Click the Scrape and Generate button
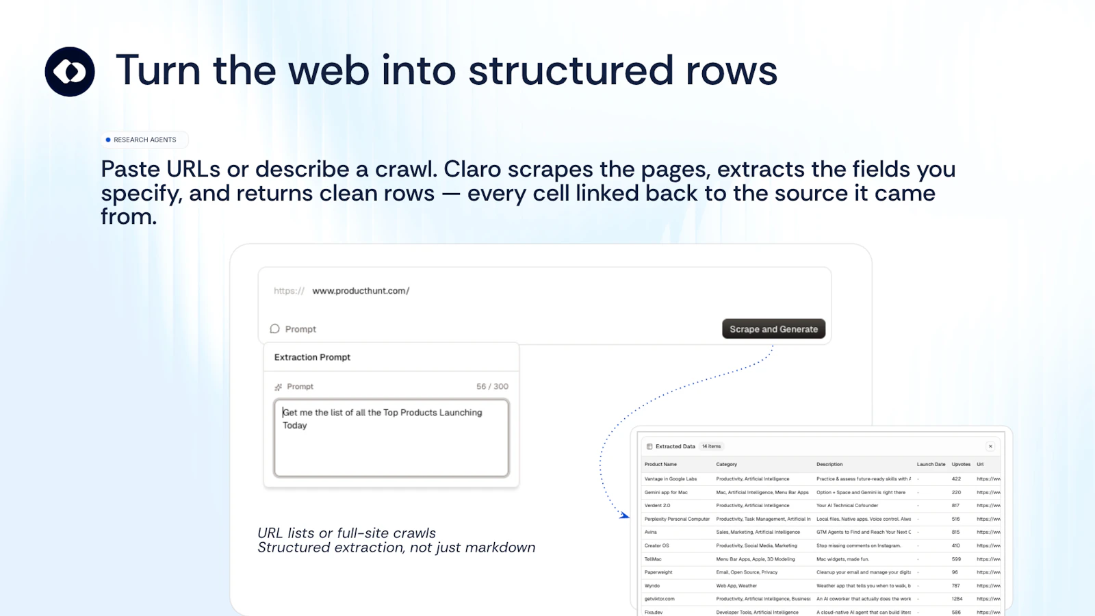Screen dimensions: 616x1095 coord(773,329)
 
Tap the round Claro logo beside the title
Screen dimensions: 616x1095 coord(70,72)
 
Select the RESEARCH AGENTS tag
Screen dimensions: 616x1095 coord(144,140)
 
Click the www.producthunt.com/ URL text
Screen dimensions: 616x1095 coord(361,291)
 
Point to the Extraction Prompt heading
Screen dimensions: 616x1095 coord(312,357)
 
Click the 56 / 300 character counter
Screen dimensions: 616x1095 coord(492,387)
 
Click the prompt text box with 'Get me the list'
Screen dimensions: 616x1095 coord(391,438)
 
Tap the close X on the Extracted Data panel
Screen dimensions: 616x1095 coord(990,446)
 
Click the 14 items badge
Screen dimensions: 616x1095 coord(711,446)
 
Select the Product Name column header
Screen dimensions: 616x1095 coord(660,464)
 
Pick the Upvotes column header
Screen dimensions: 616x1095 coord(961,464)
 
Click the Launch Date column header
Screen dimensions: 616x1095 coord(931,464)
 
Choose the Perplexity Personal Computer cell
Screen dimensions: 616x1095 coord(677,519)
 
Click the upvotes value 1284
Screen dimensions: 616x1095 coord(957,599)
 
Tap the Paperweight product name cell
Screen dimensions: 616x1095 coord(658,572)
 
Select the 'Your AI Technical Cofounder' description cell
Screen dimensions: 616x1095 coord(847,506)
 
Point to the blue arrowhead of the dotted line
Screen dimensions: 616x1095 coord(624,515)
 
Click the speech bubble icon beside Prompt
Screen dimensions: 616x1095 coord(275,329)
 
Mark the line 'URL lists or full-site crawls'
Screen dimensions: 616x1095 coord(346,533)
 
